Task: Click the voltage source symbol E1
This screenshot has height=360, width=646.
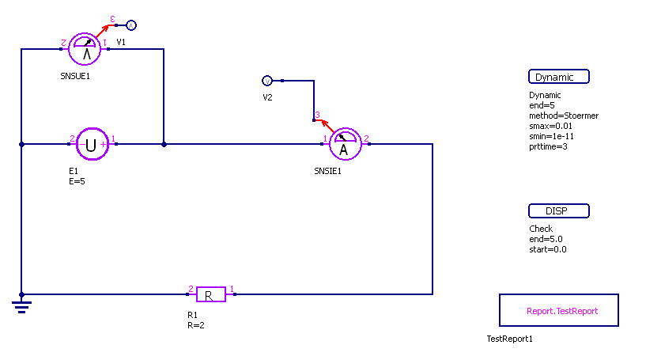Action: click(92, 144)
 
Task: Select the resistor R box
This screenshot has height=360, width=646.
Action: click(210, 294)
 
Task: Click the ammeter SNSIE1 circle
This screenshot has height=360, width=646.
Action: click(343, 144)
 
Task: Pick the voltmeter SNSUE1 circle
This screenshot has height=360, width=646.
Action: click(84, 49)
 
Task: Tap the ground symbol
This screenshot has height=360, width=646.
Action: click(21, 304)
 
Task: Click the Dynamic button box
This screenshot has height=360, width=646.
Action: click(559, 77)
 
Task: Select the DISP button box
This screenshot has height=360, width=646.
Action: click(559, 211)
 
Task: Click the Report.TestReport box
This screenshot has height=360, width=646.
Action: click(559, 310)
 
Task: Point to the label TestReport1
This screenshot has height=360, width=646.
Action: click(510, 339)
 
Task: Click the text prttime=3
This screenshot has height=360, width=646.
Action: click(548, 146)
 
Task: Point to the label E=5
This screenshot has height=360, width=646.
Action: click(77, 180)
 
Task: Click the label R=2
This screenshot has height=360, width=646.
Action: click(196, 324)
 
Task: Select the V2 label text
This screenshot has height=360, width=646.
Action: click(268, 97)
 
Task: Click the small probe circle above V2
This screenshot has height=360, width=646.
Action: click(267, 81)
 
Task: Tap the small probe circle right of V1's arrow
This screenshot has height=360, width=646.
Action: click(132, 25)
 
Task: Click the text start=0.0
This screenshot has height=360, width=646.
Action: click(547, 249)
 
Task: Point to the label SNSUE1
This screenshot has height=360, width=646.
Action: click(77, 77)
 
